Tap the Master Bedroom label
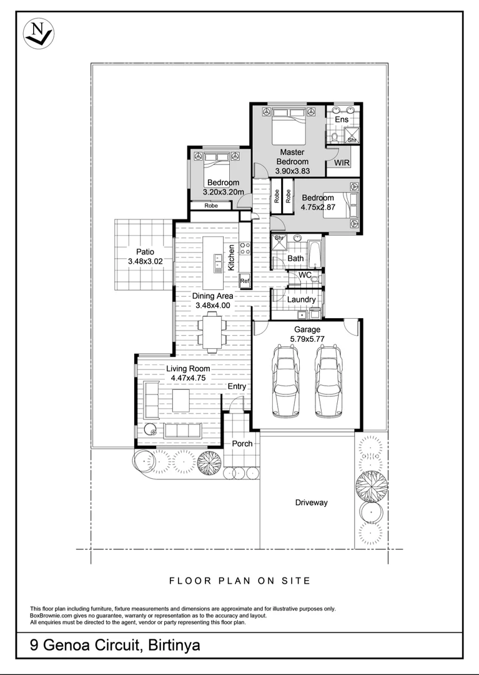tap(292, 157)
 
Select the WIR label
tap(342, 162)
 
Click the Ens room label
tap(342, 119)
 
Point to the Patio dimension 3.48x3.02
tap(146, 262)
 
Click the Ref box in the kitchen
tap(244, 281)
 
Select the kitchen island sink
tap(217, 262)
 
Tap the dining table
tap(211, 332)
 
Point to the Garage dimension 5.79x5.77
tap(307, 338)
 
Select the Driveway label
tap(311, 502)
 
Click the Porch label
tap(242, 444)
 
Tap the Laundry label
tap(302, 299)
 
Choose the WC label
tap(305, 275)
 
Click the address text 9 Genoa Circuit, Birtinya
tap(116, 645)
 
